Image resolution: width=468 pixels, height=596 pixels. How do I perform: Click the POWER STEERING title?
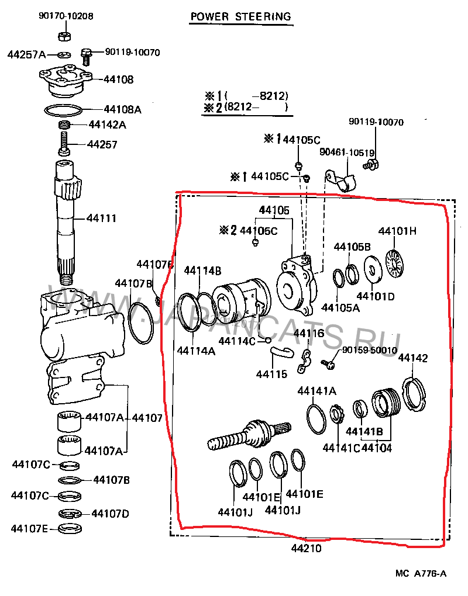point(240,16)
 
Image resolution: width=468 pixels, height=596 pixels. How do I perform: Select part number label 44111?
point(101,219)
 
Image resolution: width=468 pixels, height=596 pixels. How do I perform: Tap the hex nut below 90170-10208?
point(64,35)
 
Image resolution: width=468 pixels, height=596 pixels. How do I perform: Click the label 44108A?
point(122,109)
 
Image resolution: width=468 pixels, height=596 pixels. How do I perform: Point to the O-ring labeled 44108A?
point(63,110)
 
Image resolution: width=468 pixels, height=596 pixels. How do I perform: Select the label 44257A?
point(26,54)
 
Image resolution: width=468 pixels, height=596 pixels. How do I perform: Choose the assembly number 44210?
point(306,549)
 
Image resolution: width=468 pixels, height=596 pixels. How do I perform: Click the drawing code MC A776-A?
point(420,573)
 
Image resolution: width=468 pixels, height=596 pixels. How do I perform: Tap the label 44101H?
point(397,231)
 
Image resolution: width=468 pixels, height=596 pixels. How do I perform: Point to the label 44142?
point(413,358)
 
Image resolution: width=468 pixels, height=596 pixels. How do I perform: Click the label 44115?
point(271,373)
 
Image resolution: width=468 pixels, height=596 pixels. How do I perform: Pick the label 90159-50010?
point(370,350)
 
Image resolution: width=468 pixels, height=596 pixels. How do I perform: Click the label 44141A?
point(316,391)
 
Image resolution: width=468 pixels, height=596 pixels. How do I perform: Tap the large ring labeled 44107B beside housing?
point(140,322)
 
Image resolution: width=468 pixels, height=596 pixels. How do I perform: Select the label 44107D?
point(110,514)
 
